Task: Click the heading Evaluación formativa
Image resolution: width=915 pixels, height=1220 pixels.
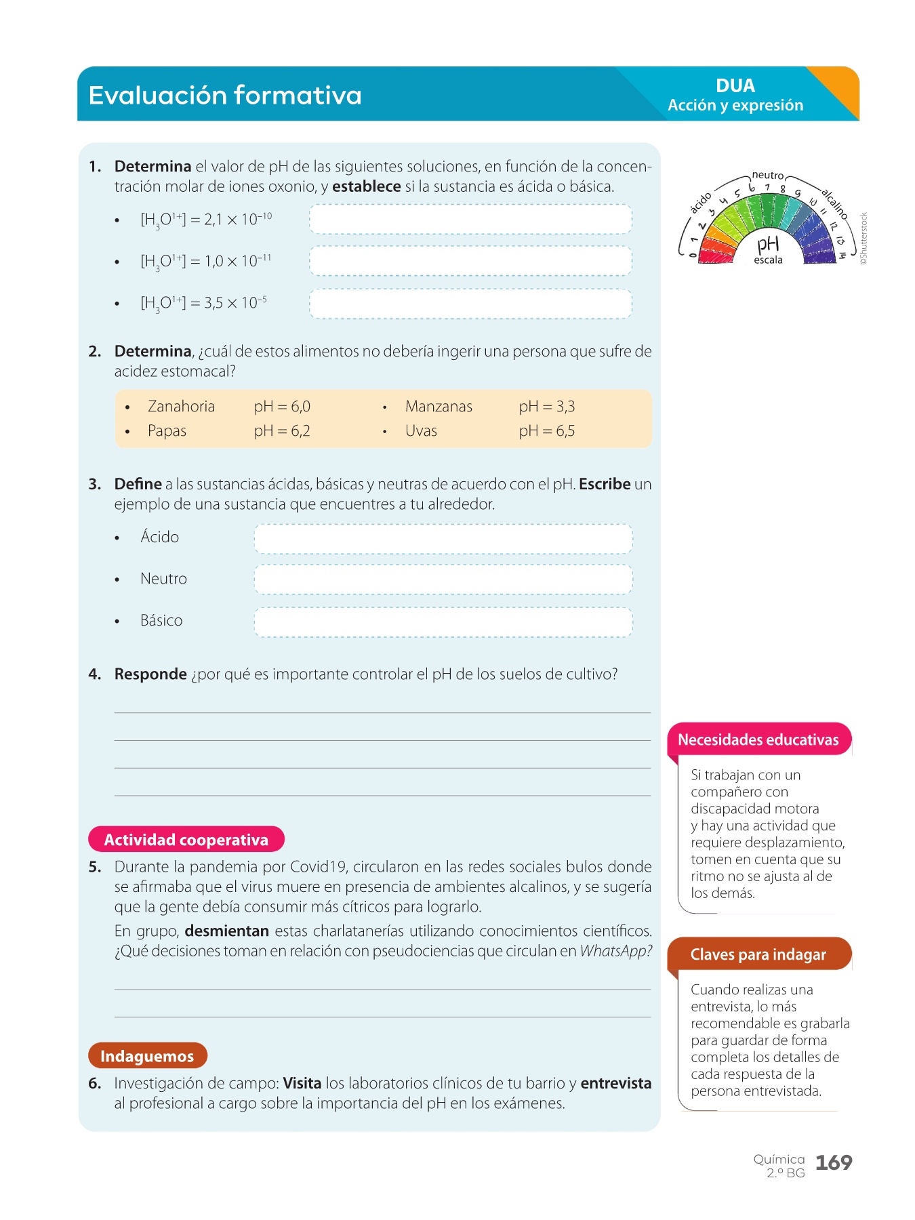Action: click(x=224, y=96)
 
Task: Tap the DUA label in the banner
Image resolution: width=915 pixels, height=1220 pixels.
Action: click(x=735, y=86)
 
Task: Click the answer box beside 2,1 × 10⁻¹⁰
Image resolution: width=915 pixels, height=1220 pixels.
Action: click(x=470, y=220)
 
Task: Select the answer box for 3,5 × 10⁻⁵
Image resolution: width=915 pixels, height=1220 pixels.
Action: click(x=470, y=304)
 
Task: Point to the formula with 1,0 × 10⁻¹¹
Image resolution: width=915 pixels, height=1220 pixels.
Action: click(x=205, y=262)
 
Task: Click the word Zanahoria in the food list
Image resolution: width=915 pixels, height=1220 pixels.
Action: click(x=181, y=407)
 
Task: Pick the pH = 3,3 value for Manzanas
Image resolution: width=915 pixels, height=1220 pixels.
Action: click(x=546, y=407)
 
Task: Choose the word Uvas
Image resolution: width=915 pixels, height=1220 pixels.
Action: click(x=421, y=431)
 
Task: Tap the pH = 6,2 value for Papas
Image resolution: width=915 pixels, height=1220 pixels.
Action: click(x=282, y=431)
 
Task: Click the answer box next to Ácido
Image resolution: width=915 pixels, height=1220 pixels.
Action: click(x=443, y=539)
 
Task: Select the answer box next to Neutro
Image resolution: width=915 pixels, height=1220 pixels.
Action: click(x=443, y=580)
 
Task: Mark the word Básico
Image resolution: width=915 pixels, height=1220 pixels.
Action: click(x=161, y=621)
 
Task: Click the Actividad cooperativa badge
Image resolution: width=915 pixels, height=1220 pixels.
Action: click(x=186, y=840)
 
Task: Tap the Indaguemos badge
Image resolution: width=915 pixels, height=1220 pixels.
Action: click(x=147, y=1056)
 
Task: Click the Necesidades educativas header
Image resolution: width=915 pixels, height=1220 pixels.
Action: click(x=758, y=739)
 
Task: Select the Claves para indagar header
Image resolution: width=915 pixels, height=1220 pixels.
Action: click(x=758, y=954)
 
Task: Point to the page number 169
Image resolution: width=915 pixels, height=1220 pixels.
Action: click(x=833, y=1163)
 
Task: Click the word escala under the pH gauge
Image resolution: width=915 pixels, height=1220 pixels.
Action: click(x=768, y=260)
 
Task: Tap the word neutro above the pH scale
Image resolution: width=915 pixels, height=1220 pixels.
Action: click(x=767, y=176)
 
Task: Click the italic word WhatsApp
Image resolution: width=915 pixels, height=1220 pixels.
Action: click(x=615, y=951)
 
